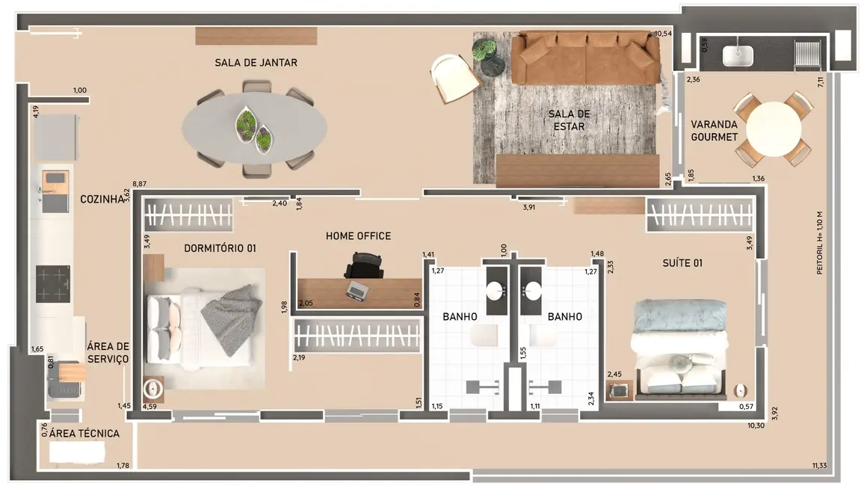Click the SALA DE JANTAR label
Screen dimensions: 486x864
click(x=256, y=63)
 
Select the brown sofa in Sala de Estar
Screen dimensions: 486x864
click(x=586, y=58)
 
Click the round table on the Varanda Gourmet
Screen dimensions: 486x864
click(x=774, y=129)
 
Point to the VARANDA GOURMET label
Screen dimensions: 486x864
click(x=714, y=131)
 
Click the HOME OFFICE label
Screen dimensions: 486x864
click(x=358, y=236)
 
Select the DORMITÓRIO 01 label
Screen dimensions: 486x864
click(x=220, y=248)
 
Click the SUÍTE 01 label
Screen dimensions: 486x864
click(x=682, y=263)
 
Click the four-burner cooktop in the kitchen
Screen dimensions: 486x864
click(x=53, y=284)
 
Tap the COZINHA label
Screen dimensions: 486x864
click(x=101, y=200)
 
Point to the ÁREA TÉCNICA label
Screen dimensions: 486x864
click(x=84, y=433)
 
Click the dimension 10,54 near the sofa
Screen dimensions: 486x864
click(x=663, y=34)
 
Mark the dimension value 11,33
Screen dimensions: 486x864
click(x=820, y=467)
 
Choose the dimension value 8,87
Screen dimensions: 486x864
click(x=139, y=183)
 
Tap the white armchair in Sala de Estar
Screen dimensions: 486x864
click(x=454, y=78)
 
